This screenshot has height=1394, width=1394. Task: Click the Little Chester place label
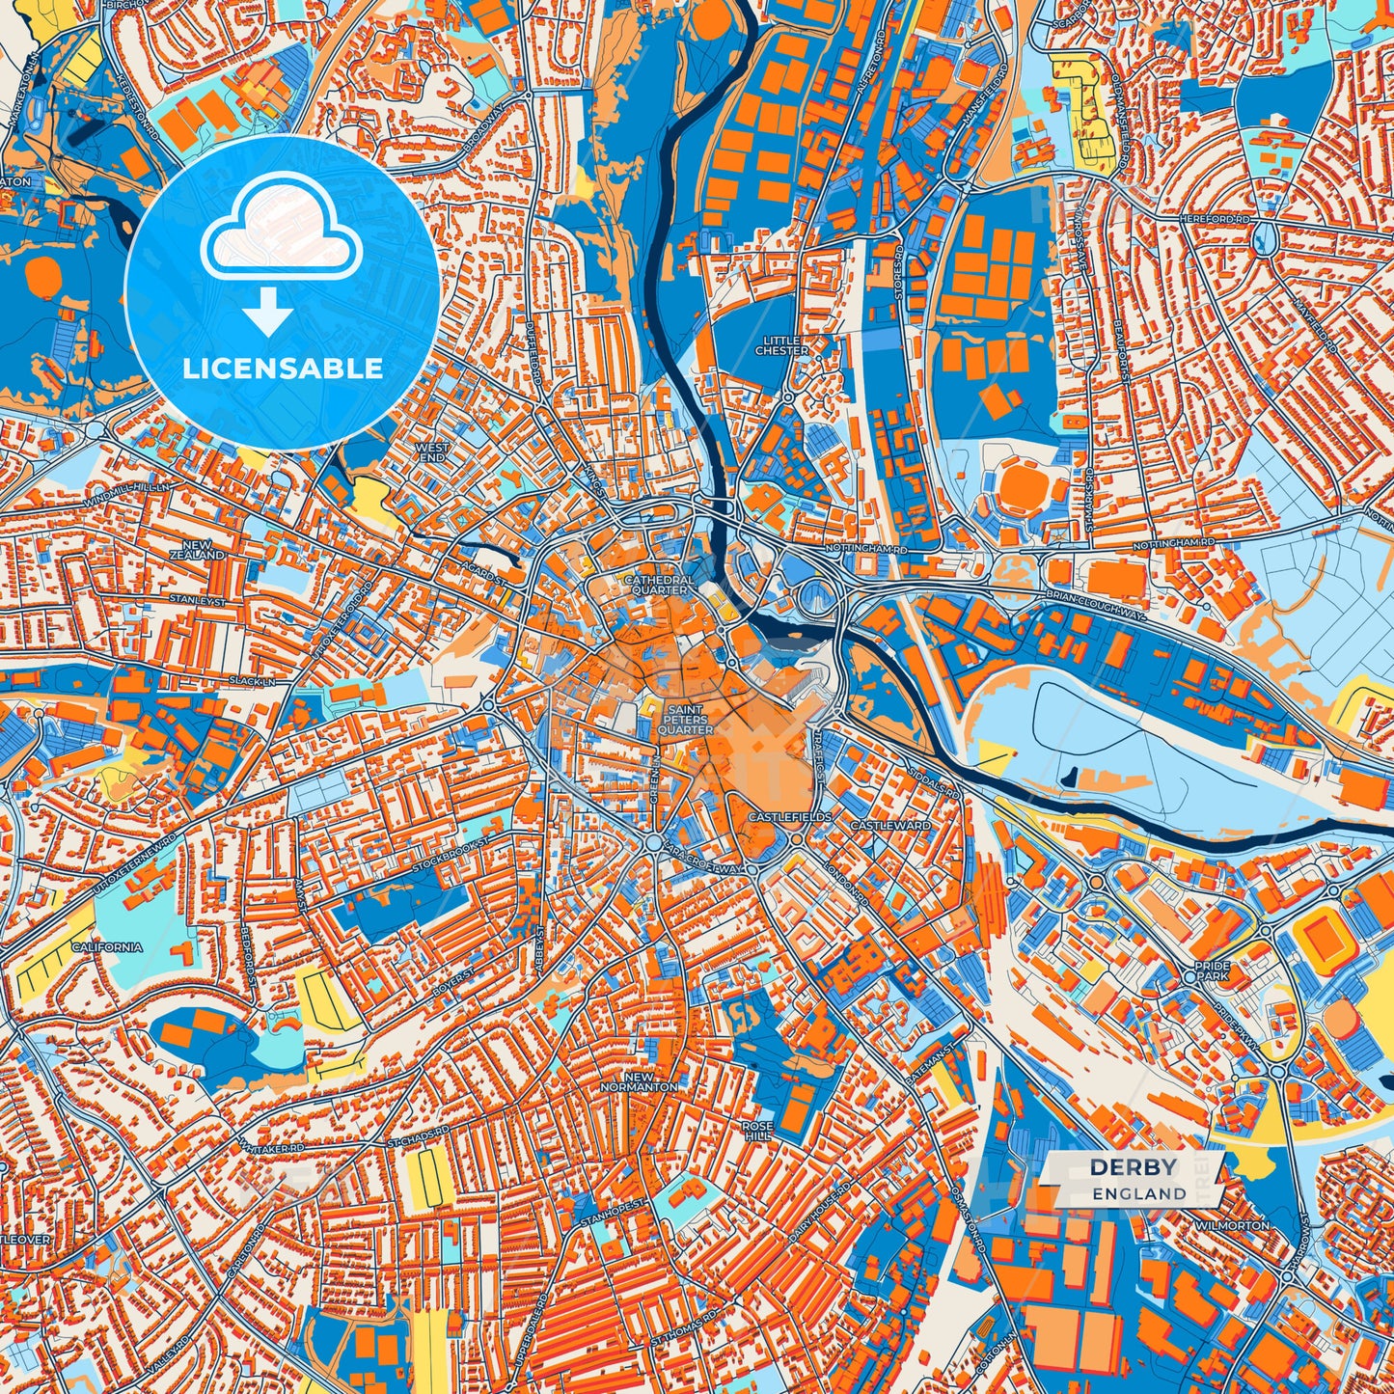[x=781, y=345]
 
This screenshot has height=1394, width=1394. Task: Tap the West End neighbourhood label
[x=431, y=452]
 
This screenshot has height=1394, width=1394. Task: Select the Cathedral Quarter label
[x=659, y=585]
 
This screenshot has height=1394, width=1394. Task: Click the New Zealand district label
[x=197, y=551]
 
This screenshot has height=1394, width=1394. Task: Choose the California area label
[x=107, y=946]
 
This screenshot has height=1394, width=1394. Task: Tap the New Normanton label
[x=639, y=1081]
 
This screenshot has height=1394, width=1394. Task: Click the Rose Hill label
[x=757, y=1131]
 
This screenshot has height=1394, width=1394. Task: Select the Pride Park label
[x=1212, y=970]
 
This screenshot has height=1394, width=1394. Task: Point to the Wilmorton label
[x=1232, y=1224]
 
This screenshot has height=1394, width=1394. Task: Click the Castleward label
[x=890, y=826]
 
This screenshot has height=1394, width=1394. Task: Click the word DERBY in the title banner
[x=1134, y=1167]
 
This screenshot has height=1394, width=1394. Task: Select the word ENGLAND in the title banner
[x=1139, y=1193]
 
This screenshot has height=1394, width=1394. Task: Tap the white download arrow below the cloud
[x=269, y=314]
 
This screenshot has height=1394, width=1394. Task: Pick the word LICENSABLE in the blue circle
[x=283, y=369]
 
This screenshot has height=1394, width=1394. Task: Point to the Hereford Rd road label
[x=1214, y=220]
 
